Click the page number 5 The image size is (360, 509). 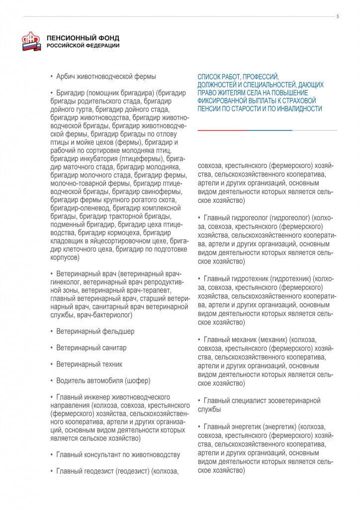pyautogui.click(x=338, y=16)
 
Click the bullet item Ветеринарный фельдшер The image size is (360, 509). pyautogui.click(x=95, y=331)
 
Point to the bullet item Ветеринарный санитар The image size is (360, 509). pyautogui.click(x=91, y=347)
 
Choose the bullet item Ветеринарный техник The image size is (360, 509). pyautogui.click(x=89, y=364)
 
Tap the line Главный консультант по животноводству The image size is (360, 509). pyautogui.click(x=118, y=455)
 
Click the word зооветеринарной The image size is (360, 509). pyautogui.click(x=291, y=400)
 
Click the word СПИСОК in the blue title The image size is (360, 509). pyautogui.click(x=210, y=77)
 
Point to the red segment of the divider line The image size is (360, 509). pyautogui.click(x=222, y=130)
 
